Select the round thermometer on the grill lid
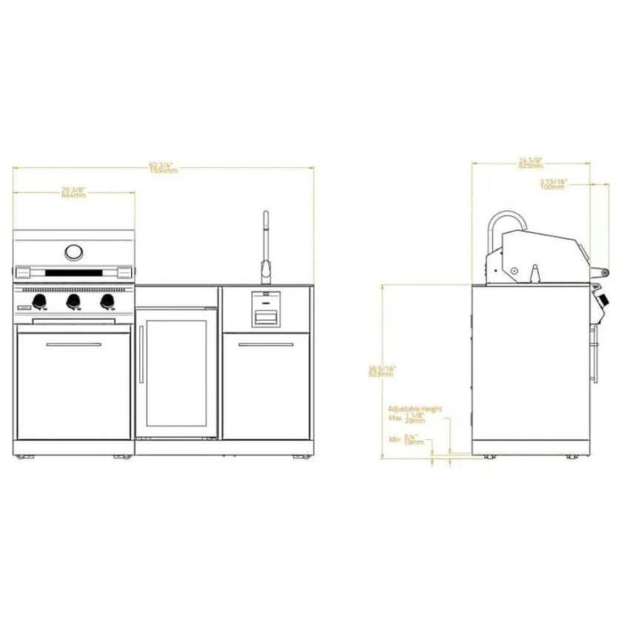click(x=74, y=253)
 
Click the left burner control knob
click(x=39, y=301)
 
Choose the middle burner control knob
click(x=73, y=301)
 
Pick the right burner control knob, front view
click(x=107, y=301)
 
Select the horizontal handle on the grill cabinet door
click(x=74, y=345)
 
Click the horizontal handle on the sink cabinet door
click(x=266, y=345)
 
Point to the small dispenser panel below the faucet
click(x=266, y=310)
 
